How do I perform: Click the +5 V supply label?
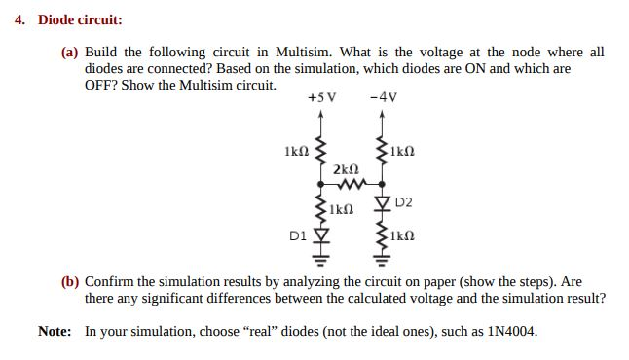(x=321, y=97)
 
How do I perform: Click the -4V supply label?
(x=384, y=97)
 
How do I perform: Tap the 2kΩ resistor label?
(x=346, y=169)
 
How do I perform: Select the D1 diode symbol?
(x=320, y=235)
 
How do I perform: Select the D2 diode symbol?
(x=382, y=202)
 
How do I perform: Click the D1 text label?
(x=298, y=235)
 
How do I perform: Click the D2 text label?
(x=403, y=202)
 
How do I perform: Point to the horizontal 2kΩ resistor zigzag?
(x=351, y=185)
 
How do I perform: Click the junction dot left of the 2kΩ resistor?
(x=320, y=185)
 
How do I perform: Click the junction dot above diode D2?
(x=382, y=185)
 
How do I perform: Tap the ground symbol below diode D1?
(x=320, y=261)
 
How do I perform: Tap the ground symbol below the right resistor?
(x=382, y=261)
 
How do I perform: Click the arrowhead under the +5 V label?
(x=320, y=114)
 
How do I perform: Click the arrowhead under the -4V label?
(x=382, y=114)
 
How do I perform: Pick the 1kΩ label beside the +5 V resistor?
(x=297, y=151)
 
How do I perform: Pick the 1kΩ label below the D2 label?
(x=402, y=235)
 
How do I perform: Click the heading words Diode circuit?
(x=80, y=19)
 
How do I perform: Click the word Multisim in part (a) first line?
(x=304, y=53)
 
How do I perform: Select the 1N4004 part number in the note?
(x=512, y=332)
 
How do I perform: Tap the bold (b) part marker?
(x=70, y=282)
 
